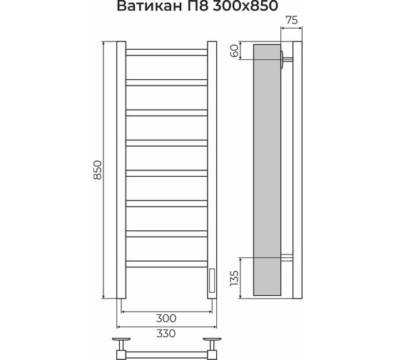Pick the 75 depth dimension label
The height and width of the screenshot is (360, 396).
click(290, 21)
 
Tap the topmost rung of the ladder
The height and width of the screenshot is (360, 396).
click(166, 52)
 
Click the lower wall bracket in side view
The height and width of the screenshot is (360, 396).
click(288, 257)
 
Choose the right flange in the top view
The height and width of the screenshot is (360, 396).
click(212, 341)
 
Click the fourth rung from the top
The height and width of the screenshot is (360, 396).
click(166, 141)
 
